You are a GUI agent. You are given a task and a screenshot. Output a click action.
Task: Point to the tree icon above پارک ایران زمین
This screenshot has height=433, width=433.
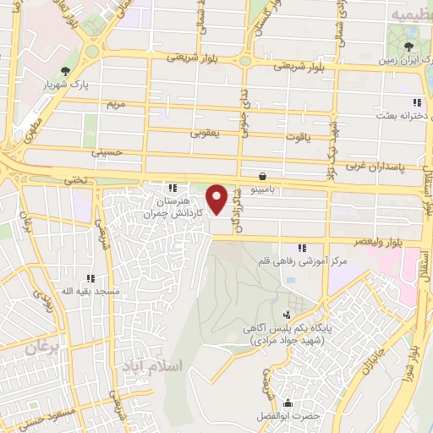(408, 47)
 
